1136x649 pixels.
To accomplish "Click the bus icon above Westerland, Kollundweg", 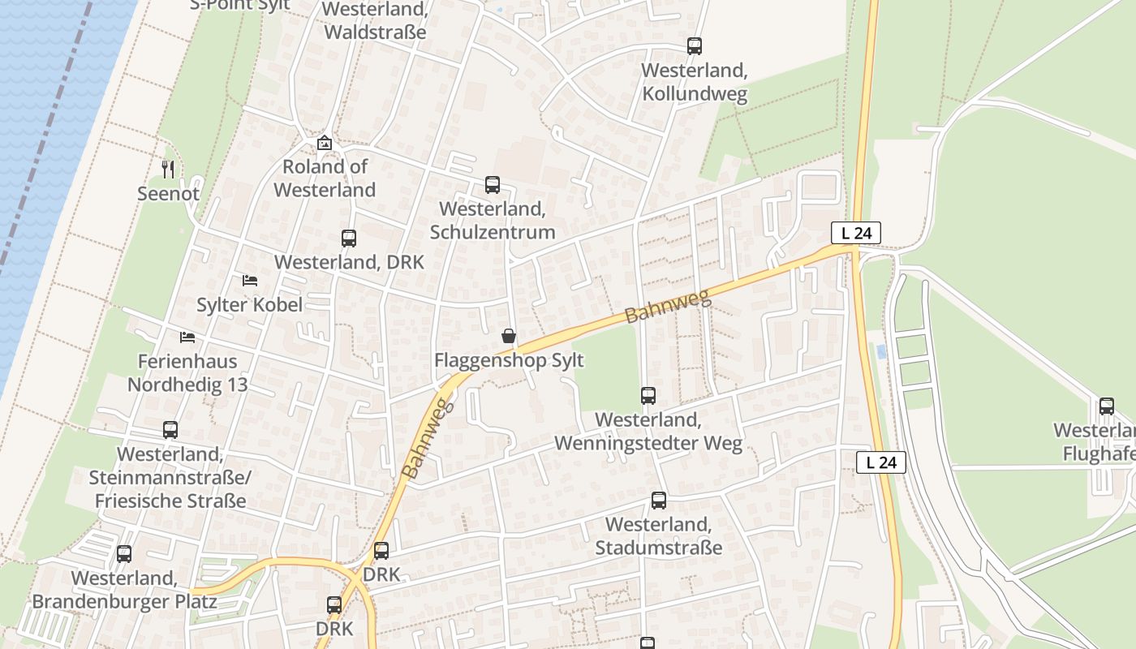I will pyautogui.click(x=695, y=46).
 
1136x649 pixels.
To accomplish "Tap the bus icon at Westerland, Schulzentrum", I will pyautogui.click(x=493, y=185).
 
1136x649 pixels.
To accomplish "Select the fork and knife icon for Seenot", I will pyautogui.click(x=168, y=170).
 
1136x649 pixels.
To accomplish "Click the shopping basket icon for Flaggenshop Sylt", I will pyautogui.click(x=509, y=336).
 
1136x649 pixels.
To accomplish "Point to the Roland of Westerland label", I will pyautogui.click(x=325, y=178).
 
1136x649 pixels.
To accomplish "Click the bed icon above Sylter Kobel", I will pyautogui.click(x=250, y=281).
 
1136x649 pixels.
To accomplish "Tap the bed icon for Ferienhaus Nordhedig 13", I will pyautogui.click(x=187, y=337).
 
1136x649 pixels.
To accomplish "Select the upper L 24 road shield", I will pyautogui.click(x=856, y=233).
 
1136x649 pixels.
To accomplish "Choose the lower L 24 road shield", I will pyautogui.click(x=881, y=462).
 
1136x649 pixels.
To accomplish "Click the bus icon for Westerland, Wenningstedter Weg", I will pyautogui.click(x=648, y=396).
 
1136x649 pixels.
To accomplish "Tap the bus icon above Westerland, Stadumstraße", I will pyautogui.click(x=659, y=501).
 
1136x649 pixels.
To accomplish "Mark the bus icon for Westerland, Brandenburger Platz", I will pyautogui.click(x=124, y=554).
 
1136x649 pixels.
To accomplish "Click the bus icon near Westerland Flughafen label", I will pyautogui.click(x=1107, y=406).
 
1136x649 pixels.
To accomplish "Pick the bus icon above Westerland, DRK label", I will pyautogui.click(x=349, y=239).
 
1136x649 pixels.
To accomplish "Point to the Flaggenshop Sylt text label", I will pyautogui.click(x=509, y=360).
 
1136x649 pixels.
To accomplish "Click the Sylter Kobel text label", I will pyautogui.click(x=249, y=305).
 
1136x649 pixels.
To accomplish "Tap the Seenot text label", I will pyautogui.click(x=168, y=194).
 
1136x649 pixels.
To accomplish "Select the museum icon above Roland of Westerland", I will pyautogui.click(x=325, y=143).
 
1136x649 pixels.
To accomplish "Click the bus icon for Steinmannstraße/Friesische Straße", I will pyautogui.click(x=170, y=430).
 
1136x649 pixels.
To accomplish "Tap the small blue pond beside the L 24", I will pyautogui.click(x=881, y=352).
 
